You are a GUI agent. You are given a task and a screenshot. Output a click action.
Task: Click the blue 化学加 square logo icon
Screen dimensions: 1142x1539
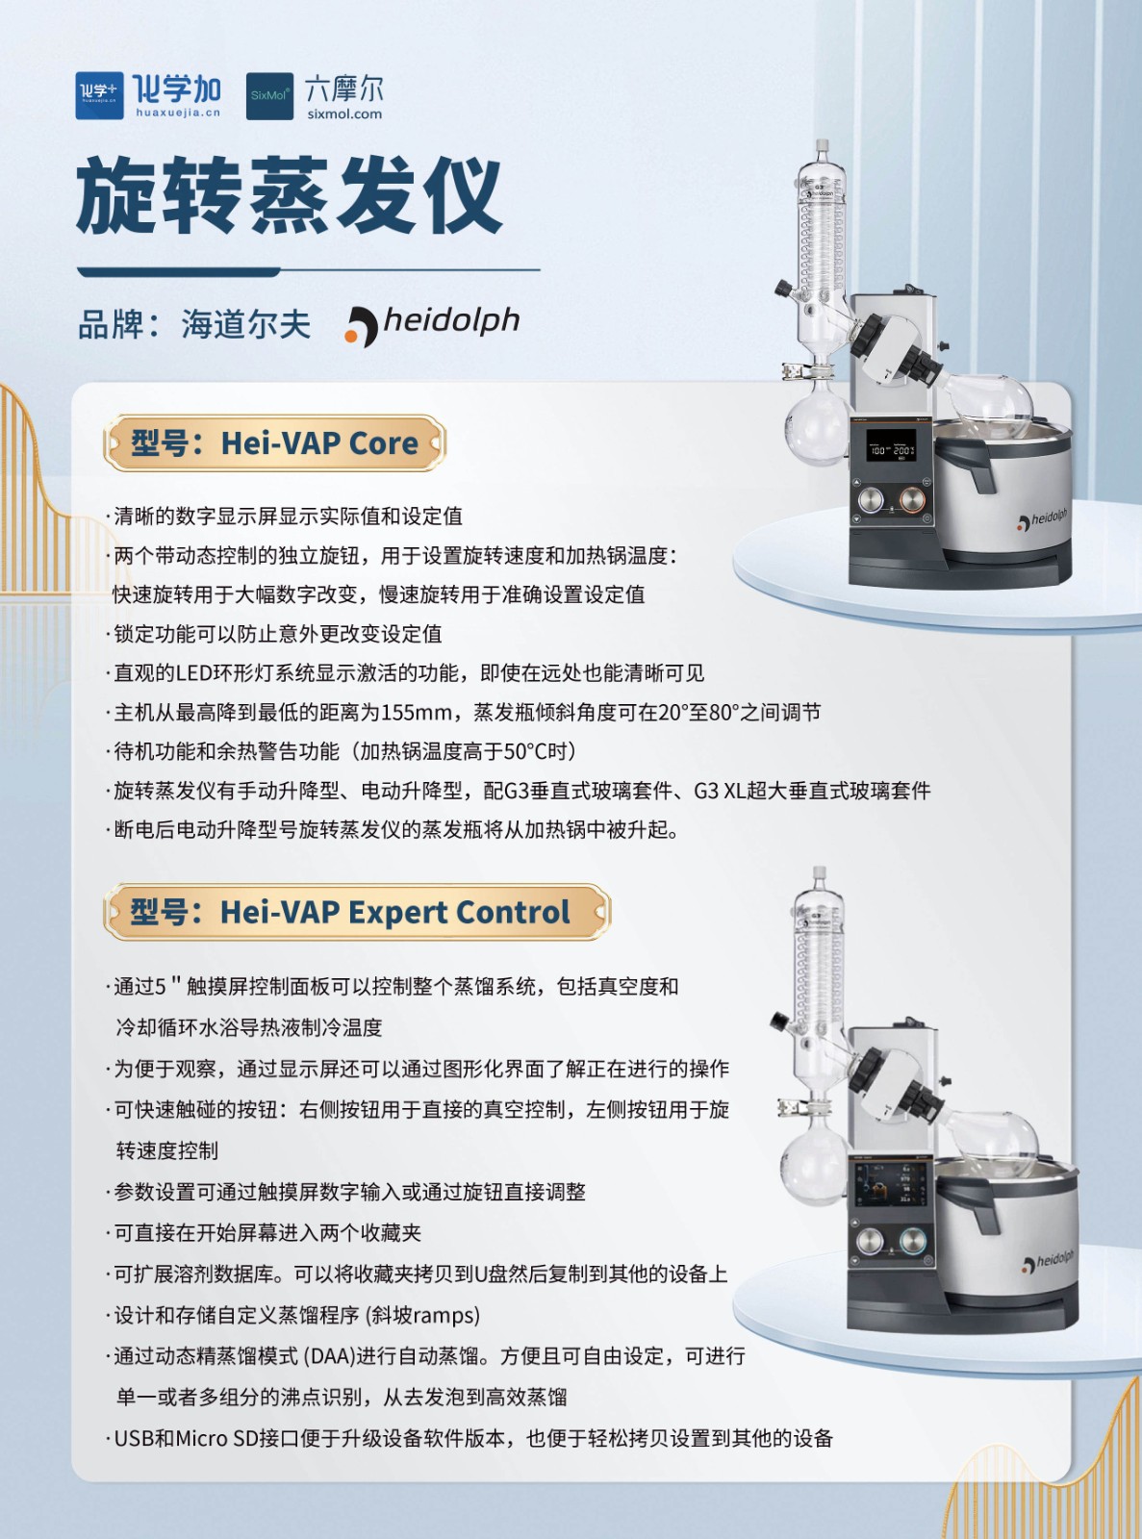99,95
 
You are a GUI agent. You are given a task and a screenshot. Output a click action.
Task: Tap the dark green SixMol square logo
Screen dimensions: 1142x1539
269,96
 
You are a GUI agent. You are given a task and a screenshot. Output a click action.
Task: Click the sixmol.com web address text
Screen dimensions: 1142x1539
344,114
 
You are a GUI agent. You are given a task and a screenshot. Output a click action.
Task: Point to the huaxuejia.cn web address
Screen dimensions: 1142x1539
178,113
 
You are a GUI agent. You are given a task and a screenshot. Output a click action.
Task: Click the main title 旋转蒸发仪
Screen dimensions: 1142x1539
290,195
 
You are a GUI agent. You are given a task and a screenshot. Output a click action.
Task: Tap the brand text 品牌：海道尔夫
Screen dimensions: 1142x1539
194,324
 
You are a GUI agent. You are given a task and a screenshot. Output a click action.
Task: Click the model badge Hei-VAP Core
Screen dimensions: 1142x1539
274,442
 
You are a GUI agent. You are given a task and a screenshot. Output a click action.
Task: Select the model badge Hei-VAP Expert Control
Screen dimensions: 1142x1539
357,912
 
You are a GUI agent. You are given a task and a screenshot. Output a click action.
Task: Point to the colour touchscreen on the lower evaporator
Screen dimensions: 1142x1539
892,1187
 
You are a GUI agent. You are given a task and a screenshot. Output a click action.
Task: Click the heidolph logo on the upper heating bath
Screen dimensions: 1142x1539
1043,519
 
